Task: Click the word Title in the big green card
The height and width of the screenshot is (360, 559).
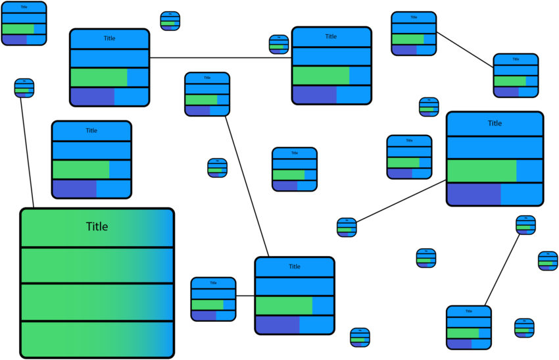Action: pyautogui.click(x=97, y=227)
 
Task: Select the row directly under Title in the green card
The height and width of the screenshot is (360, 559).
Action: pyautogui.click(x=97, y=265)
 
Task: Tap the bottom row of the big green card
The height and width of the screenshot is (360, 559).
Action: pyautogui.click(x=97, y=339)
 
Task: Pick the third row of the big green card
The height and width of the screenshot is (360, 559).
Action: pyautogui.click(x=97, y=302)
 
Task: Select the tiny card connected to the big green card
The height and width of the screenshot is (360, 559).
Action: pyautogui.click(x=24, y=88)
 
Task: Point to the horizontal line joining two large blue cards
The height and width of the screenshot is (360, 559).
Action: pyautogui.click(x=220, y=58)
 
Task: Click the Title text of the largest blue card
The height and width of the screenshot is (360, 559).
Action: pyautogui.click(x=495, y=124)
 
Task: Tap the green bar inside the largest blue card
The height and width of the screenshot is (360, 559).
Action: pyautogui.click(x=481, y=171)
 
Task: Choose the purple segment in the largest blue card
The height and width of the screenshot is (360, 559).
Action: pyautogui.click(x=474, y=194)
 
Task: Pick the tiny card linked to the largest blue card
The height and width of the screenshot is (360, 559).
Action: pyautogui.click(x=347, y=227)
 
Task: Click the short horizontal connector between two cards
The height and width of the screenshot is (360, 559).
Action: pyautogui.click(x=245, y=296)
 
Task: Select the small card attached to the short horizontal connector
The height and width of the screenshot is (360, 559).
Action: pyautogui.click(x=213, y=299)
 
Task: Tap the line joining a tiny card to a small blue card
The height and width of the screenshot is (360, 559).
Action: pyautogui.click(x=505, y=269)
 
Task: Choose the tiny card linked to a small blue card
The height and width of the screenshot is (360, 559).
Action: pyautogui.click(x=525, y=225)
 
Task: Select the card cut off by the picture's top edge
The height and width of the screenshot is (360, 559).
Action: pyautogui.click(x=24, y=23)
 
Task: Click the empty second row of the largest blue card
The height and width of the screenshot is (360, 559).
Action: pyautogui.click(x=495, y=147)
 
